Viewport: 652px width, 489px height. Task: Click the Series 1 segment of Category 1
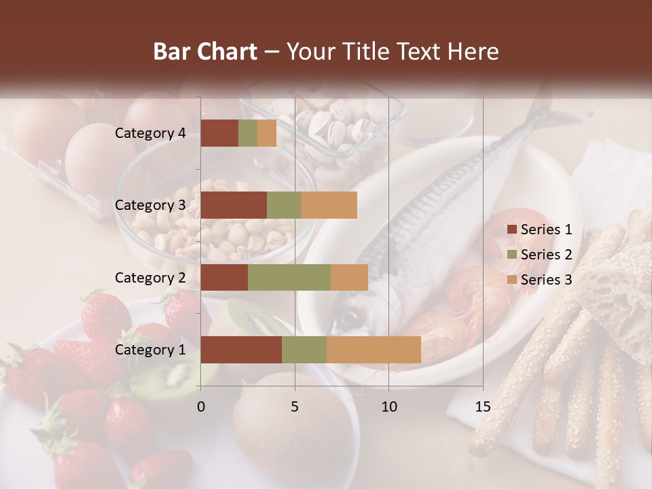(240, 349)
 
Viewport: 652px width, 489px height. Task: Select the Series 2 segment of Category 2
(289, 277)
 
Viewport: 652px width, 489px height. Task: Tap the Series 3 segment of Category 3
(329, 205)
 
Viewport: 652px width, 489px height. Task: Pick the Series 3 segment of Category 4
(267, 133)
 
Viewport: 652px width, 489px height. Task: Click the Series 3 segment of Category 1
(374, 349)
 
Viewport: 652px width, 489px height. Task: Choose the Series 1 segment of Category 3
(234, 205)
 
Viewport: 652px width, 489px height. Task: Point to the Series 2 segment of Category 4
(248, 133)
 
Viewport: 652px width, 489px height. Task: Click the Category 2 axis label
(150, 277)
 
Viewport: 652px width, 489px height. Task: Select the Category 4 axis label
(150, 133)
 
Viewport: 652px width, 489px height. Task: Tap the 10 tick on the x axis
(388, 406)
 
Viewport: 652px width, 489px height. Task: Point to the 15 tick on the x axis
(482, 406)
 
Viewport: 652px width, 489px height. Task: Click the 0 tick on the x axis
(201, 406)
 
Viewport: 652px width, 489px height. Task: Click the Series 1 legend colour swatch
(511, 230)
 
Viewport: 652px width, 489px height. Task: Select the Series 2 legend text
(546, 255)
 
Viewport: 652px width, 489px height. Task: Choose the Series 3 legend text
(546, 279)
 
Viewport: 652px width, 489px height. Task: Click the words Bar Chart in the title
(205, 52)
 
